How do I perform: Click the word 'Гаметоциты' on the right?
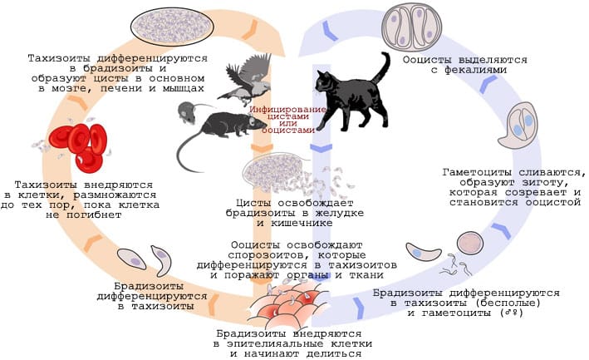pos(474,171)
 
